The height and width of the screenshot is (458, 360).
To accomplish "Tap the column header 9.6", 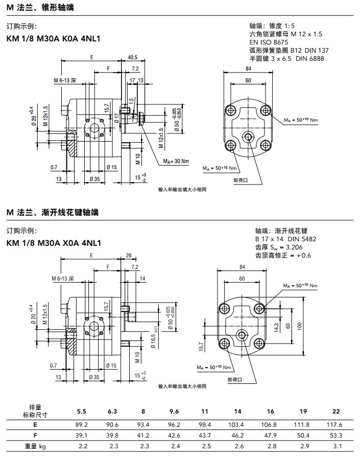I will tap(175, 411).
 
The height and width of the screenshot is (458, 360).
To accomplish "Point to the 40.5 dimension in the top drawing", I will tap(132, 57).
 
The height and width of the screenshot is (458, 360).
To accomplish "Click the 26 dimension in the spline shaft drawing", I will tap(128, 256).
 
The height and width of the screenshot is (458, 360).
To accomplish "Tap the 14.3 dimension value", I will tap(276, 326).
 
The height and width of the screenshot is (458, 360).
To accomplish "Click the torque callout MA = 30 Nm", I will tap(176, 162).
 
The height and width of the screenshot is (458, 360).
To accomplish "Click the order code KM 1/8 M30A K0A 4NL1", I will tap(53, 38).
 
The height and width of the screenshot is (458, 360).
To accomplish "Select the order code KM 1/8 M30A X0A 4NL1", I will tap(53, 243).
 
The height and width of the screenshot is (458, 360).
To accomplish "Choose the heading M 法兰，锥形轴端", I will tap(39, 8).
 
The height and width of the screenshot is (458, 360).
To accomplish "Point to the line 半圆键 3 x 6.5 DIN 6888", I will tap(286, 59).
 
